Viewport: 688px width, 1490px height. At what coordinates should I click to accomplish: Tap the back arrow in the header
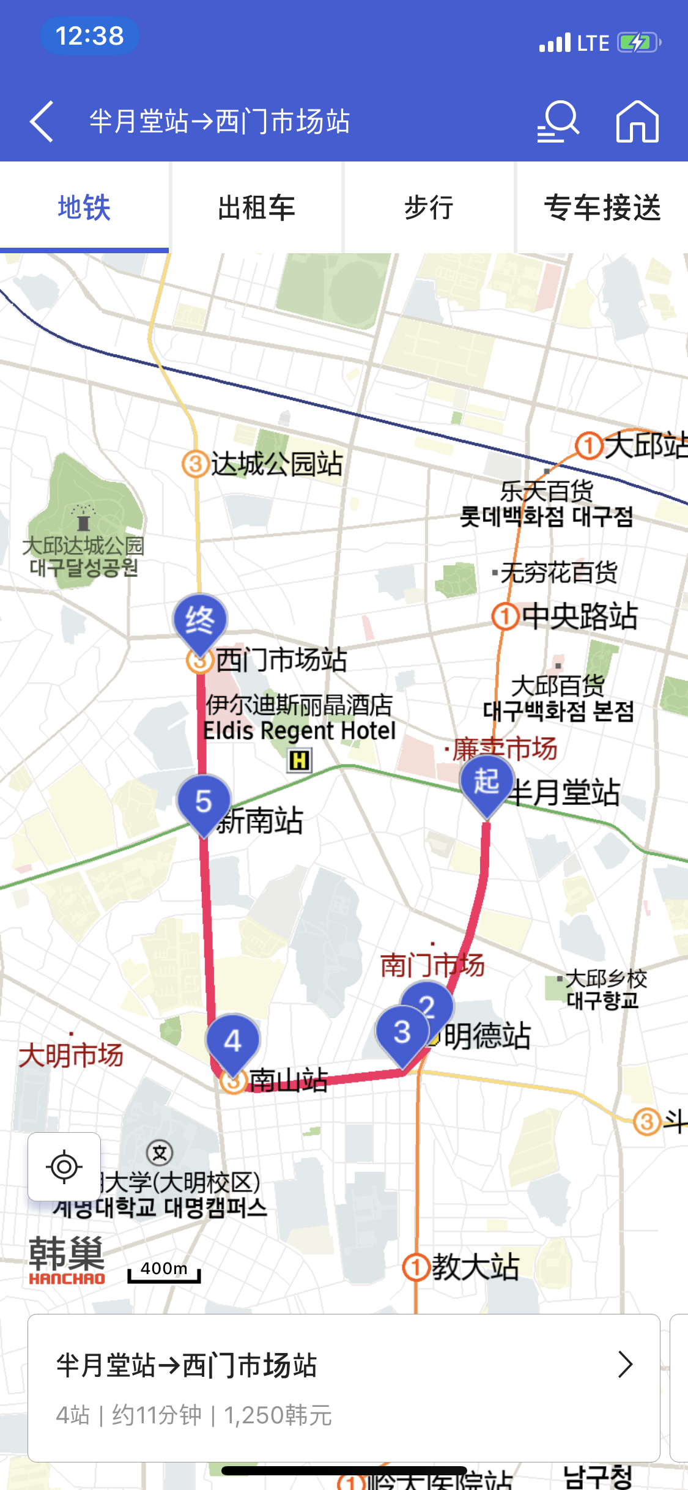tap(42, 122)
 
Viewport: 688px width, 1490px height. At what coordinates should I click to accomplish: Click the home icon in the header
tap(637, 122)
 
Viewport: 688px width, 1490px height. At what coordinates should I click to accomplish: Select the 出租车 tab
tap(256, 208)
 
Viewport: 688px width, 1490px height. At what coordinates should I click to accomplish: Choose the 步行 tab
tap(429, 208)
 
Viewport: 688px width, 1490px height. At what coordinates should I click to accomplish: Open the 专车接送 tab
tap(602, 208)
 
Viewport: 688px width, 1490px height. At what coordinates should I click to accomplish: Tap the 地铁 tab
tap(84, 208)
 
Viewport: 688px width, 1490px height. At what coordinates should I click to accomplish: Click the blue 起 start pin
tap(487, 782)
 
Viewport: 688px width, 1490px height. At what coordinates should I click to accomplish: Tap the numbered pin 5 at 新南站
tap(204, 801)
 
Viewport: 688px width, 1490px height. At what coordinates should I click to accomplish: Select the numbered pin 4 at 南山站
tap(233, 1041)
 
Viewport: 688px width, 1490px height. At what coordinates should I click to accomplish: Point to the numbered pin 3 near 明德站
tap(402, 1032)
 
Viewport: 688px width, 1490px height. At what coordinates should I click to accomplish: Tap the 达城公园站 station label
tap(276, 464)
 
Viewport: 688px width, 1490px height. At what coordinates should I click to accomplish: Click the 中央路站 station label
tap(579, 617)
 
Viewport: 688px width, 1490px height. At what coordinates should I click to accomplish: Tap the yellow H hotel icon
tap(300, 760)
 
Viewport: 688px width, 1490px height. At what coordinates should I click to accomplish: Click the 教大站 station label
tap(475, 1267)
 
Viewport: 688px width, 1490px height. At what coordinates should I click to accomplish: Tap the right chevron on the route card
tap(624, 1365)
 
